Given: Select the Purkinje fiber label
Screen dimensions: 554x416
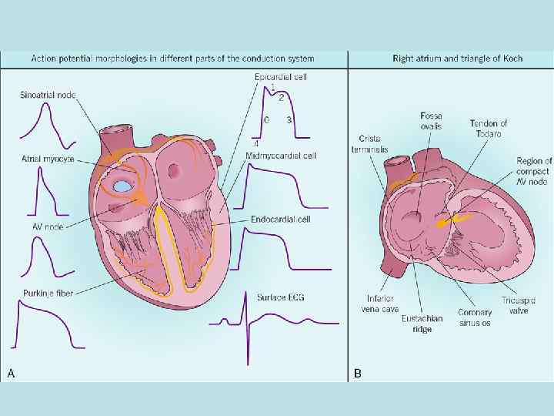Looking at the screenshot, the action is tap(47, 293).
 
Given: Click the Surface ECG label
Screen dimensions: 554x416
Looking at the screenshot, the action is tap(279, 295).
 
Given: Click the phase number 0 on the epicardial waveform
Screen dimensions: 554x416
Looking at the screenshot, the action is tap(266, 120).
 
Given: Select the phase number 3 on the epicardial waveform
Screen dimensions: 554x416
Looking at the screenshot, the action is tap(288, 120).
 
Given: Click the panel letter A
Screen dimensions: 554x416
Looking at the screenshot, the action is tap(11, 373).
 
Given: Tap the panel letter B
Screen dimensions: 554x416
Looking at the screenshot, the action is tap(357, 373).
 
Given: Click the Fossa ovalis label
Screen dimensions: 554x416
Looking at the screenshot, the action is tap(431, 121).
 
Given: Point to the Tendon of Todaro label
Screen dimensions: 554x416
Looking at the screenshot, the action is tap(489, 128).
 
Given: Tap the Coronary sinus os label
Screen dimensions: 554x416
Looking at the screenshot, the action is tap(475, 318).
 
